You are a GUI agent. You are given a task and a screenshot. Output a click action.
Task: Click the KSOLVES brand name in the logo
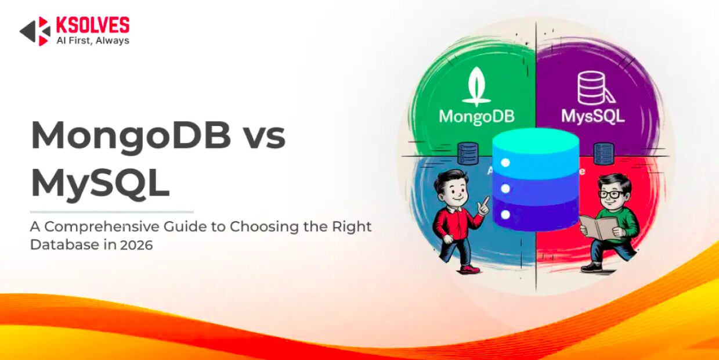click(93, 25)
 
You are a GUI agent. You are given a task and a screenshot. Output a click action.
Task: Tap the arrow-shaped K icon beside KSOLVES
click(35, 31)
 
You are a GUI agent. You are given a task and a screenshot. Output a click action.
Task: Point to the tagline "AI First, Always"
click(93, 41)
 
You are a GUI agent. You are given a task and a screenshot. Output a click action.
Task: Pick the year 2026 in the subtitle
click(136, 245)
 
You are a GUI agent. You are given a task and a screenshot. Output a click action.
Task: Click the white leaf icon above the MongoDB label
click(476, 86)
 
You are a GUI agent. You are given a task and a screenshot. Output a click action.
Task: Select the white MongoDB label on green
click(476, 117)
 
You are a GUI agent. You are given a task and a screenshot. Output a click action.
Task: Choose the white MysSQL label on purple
click(593, 116)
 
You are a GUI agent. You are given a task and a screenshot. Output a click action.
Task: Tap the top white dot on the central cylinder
click(505, 163)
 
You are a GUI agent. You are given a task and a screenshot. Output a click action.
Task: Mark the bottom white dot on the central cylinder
click(505, 214)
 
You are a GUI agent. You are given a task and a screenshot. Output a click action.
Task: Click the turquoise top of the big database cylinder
click(536, 139)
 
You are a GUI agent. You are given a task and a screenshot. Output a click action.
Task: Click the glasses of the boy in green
click(609, 195)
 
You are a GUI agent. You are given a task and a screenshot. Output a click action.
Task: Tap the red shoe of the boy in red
click(470, 269)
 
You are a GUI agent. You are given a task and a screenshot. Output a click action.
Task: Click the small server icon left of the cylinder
click(468, 153)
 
